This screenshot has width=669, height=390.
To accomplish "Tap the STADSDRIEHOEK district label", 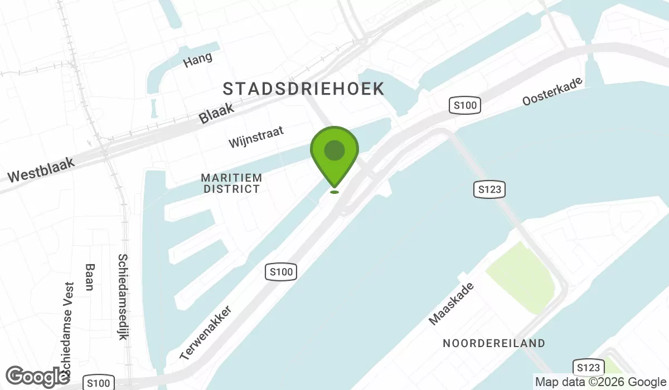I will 303,89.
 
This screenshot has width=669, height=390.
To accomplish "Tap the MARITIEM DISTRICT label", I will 231,183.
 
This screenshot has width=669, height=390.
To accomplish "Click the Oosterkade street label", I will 552,91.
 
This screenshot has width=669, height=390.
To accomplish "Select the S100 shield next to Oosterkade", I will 465,105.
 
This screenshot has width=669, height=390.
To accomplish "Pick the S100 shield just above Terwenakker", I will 281,272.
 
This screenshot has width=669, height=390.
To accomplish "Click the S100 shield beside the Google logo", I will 99,383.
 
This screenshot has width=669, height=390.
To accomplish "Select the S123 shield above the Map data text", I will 588,367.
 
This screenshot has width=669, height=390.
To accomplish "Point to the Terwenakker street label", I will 205,333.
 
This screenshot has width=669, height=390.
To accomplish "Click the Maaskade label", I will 451,304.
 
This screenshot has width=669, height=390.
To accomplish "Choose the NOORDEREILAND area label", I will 494,343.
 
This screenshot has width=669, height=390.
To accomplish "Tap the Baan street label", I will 88,277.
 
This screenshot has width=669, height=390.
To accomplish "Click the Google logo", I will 37,377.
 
